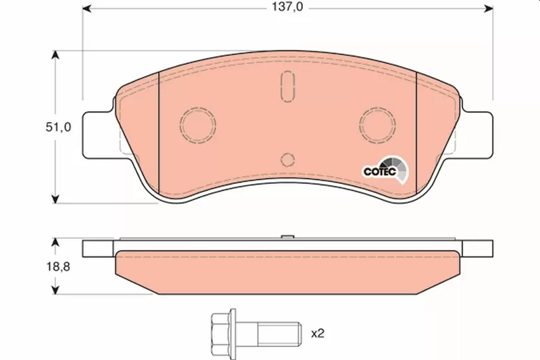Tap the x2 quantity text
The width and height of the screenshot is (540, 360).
(317, 334)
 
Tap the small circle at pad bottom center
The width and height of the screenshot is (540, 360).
(288, 160)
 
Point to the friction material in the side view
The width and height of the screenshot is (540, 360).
(288, 271)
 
